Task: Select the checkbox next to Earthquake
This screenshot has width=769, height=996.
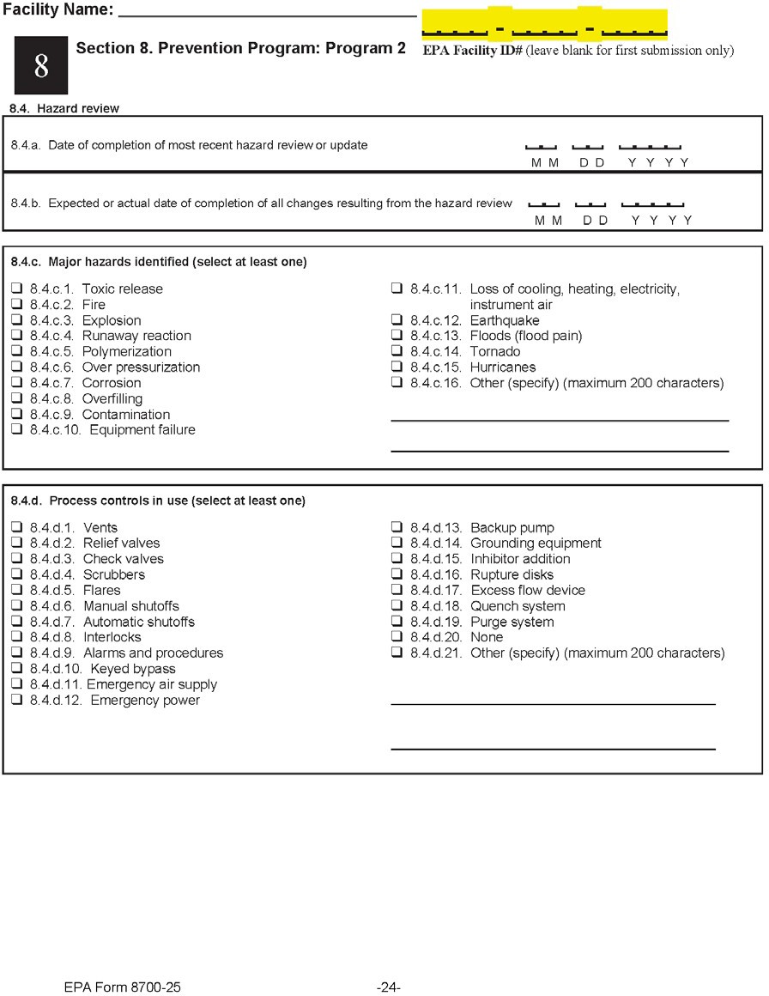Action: [397, 320]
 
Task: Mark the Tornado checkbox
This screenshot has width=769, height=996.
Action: [397, 351]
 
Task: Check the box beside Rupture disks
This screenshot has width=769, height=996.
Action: [397, 574]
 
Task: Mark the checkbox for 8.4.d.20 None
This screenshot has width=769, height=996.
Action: [397, 637]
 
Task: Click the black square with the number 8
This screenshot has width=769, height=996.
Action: [41, 67]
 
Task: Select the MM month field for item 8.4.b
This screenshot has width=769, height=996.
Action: [543, 207]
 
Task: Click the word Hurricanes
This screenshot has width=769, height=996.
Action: [503, 367]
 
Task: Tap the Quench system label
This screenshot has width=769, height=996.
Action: [518, 606]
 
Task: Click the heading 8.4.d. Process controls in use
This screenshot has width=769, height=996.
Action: [158, 501]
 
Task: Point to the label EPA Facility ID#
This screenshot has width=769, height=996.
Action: [473, 51]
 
